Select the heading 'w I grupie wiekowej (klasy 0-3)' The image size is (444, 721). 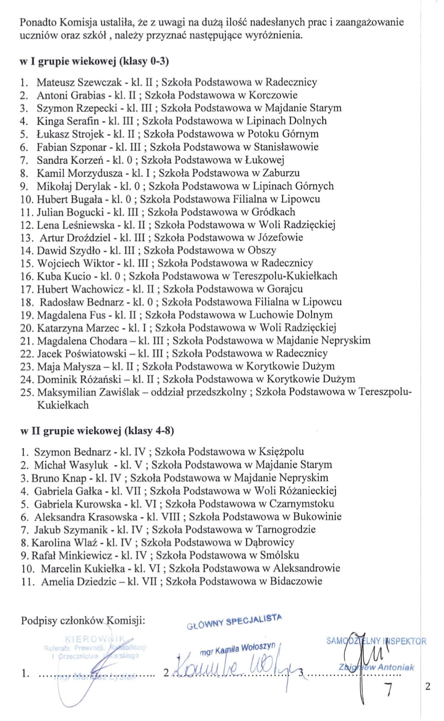(x=94, y=61)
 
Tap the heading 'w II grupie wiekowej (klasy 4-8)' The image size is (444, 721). (x=97, y=431)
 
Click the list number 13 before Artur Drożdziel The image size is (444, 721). (x=26, y=238)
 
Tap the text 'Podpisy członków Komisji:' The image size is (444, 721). (x=83, y=621)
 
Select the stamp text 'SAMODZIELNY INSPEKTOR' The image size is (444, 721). (x=376, y=641)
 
